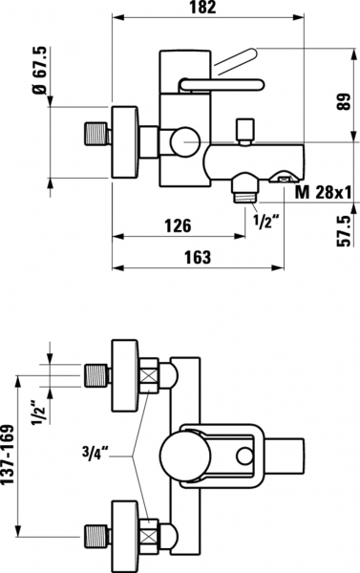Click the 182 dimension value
pyautogui.click(x=202, y=8)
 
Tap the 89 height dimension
pyautogui.click(x=343, y=101)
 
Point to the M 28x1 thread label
pyautogui.click(x=324, y=192)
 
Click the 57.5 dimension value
pyautogui.click(x=344, y=231)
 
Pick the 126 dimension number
pyautogui.click(x=178, y=225)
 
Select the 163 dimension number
pyautogui.click(x=198, y=257)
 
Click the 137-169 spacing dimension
pyautogui.click(x=8, y=455)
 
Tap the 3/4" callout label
pyautogui.click(x=95, y=453)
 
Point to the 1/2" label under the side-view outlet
pyautogui.click(x=266, y=221)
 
